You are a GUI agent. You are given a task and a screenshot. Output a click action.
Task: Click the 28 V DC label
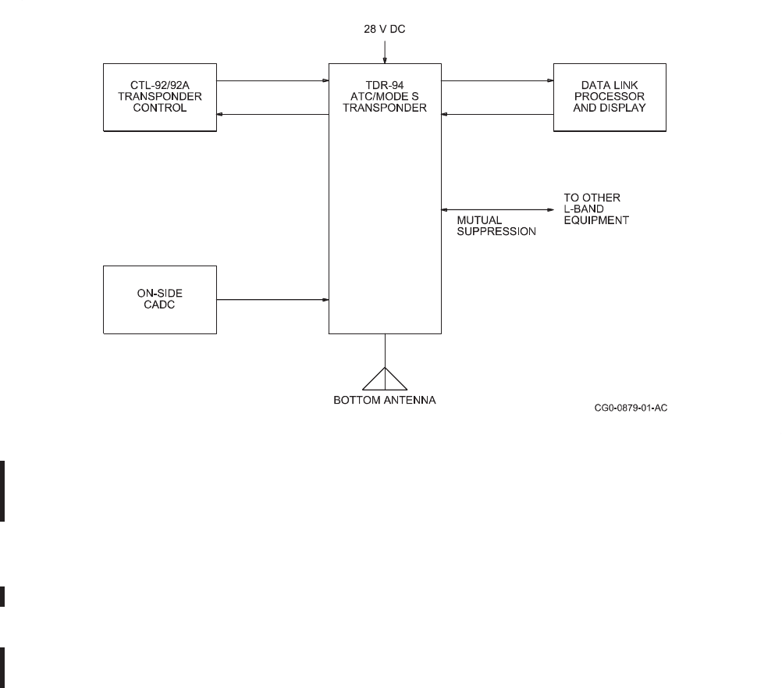[x=385, y=30]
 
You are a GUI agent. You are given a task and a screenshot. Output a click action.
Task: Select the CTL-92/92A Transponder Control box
[x=160, y=97]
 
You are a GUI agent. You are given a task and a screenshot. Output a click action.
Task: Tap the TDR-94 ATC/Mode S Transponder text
[x=384, y=97]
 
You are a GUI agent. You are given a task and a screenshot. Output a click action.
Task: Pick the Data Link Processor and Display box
[x=610, y=97]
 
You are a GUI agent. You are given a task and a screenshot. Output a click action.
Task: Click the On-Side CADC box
[x=160, y=299]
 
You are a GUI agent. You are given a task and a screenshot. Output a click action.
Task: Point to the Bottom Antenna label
[x=385, y=401]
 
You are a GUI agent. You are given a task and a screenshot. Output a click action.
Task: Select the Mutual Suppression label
[x=496, y=226]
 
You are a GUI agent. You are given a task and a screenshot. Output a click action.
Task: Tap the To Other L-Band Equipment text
[x=596, y=209]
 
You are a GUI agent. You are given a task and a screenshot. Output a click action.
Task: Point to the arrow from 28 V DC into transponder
[x=385, y=51]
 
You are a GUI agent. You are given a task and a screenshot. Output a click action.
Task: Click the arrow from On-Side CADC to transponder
[x=272, y=299]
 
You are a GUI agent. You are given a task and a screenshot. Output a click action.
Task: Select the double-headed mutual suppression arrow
[x=497, y=209]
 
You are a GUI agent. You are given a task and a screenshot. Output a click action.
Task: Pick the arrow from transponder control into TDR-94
[x=272, y=80]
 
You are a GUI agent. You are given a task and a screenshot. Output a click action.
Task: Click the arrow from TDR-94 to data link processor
[x=497, y=80]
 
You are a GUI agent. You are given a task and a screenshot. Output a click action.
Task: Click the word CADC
[x=160, y=305]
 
